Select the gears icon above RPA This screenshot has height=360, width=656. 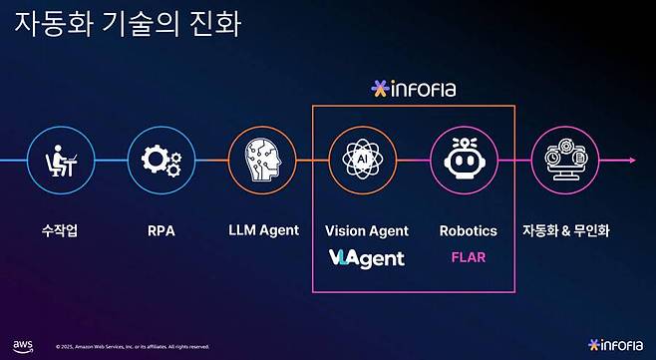tap(160, 160)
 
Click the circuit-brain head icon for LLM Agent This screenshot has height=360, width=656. tap(263, 160)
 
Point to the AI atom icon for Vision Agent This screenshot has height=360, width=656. tap(361, 160)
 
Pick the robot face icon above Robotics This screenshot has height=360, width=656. tap(464, 160)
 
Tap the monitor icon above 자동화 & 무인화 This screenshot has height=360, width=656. tap(564, 160)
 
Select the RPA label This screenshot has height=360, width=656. tap(161, 230)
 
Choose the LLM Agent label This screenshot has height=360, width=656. tap(263, 230)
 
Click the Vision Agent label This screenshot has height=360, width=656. tap(367, 230)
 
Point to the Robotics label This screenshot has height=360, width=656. tap(468, 230)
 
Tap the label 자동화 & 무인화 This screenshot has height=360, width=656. tap(565, 230)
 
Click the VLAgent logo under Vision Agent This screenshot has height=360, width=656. tap(366, 258)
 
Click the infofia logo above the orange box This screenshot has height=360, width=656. tap(413, 89)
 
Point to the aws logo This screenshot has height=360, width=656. tap(23, 345)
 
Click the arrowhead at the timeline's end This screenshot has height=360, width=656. tap(632, 160)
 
